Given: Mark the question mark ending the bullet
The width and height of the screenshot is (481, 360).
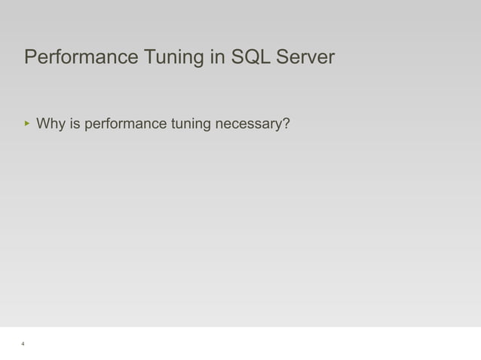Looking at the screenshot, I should click(287, 123).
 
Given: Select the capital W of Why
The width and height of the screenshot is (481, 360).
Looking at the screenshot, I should click(42, 123).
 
